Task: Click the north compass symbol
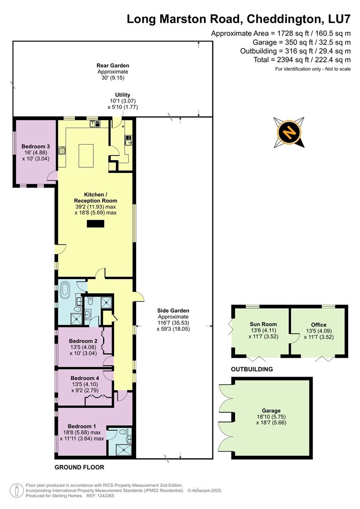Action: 288,132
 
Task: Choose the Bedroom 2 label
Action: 83,341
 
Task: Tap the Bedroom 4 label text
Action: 85,378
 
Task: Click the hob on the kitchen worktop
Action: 62,150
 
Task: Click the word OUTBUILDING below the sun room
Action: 252,369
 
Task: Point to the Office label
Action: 319,324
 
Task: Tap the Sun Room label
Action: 263,324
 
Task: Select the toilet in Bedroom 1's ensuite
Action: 123,432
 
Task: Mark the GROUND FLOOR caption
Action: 79,468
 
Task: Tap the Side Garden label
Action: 173,311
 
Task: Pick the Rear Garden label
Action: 113,66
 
